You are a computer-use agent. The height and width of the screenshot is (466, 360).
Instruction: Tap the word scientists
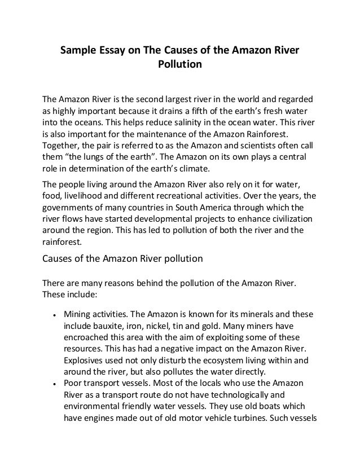tap(265, 144)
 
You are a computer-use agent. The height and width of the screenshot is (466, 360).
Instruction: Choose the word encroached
tap(90, 338)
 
